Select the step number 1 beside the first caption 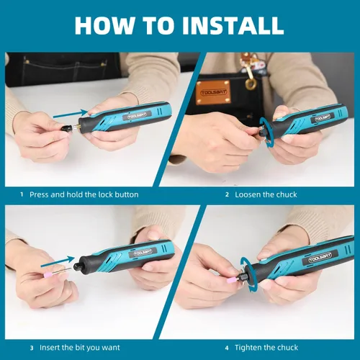[x=22, y=194]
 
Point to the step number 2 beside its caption [x=227, y=194]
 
